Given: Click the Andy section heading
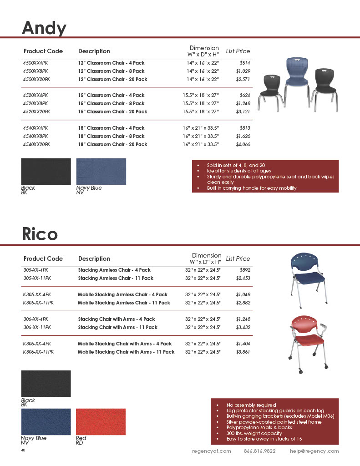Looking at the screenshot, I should click(44, 28).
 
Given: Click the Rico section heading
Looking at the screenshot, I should click(40, 234).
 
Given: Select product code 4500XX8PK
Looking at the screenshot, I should click(35, 71).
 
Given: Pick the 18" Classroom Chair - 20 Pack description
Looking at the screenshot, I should click(112, 144).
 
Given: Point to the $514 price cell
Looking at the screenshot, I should click(245, 63).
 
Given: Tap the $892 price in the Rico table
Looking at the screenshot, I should click(245, 270).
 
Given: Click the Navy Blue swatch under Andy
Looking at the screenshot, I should click(101, 171).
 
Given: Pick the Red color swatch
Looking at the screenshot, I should click(101, 421).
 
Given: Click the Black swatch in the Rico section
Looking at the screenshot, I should click(46, 383).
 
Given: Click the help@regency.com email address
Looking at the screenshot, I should click(314, 451).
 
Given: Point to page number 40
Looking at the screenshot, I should click(23, 450).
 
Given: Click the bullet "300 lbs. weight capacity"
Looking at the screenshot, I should click(254, 433).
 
